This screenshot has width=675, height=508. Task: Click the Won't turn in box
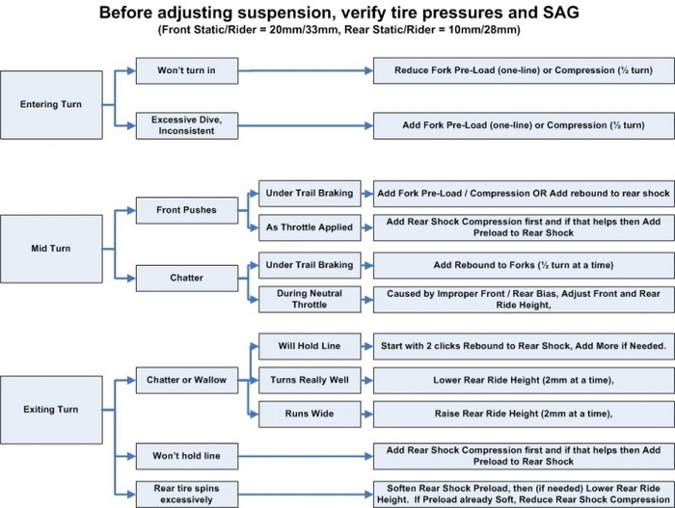pyautogui.click(x=186, y=71)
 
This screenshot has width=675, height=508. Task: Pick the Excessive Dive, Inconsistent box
pyautogui.click(x=186, y=125)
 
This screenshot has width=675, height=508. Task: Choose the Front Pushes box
pyautogui.click(x=186, y=209)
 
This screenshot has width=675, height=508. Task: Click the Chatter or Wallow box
pyautogui.click(x=186, y=380)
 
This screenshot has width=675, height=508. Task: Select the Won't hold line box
pyautogui.click(x=186, y=454)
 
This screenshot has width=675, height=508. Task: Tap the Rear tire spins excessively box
pyautogui.click(x=186, y=492)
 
